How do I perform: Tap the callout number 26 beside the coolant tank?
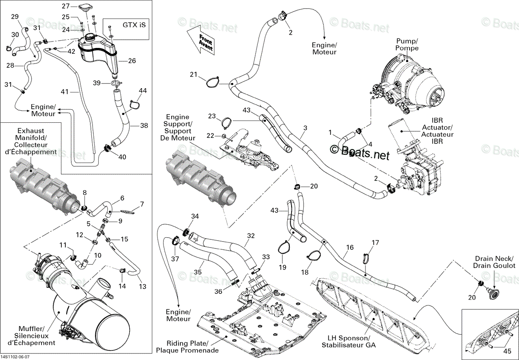pos(132,61)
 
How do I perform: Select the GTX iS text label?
pos(134,25)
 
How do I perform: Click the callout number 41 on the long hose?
pos(64,92)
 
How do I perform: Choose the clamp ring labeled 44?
pos(135,105)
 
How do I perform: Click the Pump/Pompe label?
pos(407,45)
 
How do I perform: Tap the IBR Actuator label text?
pos(437,131)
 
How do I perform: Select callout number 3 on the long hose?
pos(305,128)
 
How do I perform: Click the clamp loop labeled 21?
pos(212,82)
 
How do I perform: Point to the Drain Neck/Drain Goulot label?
pos(494,262)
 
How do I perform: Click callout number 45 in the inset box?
pos(507,351)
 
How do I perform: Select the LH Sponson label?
pos(349,342)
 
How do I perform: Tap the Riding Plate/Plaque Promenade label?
pos(187,347)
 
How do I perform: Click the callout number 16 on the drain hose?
pos(349,248)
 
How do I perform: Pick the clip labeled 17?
pos(366,258)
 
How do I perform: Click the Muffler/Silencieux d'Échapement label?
pos(32,336)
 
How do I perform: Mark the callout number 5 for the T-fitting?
pos(89,224)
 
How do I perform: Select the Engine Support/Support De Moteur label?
pos(178,127)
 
